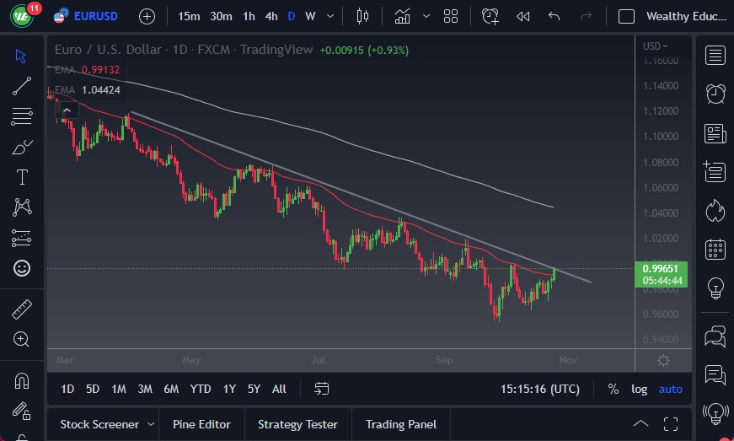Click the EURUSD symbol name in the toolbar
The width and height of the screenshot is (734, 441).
(95, 16)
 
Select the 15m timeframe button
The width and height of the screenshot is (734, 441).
(190, 16)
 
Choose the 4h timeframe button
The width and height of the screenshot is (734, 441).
(271, 16)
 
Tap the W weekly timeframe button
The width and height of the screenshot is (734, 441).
(310, 16)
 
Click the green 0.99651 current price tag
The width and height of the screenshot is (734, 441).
(662, 269)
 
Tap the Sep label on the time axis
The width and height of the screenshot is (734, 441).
(444, 361)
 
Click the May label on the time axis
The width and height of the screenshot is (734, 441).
(190, 361)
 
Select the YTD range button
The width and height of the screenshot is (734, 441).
(201, 389)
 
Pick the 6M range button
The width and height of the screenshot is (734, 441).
(171, 389)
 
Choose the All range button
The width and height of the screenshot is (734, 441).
(279, 389)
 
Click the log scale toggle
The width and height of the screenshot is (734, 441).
(640, 389)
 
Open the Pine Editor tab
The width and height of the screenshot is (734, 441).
(201, 424)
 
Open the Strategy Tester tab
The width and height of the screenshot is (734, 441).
(297, 424)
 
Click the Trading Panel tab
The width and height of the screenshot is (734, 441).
(400, 424)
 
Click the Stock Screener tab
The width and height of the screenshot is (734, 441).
(99, 424)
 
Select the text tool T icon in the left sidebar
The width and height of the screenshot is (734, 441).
(22, 177)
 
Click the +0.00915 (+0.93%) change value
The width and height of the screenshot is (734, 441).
(364, 50)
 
